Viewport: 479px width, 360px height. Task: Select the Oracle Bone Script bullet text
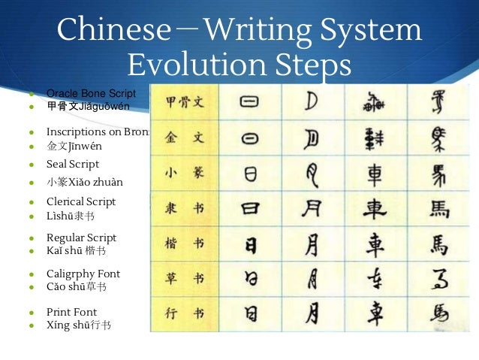pos(91,93)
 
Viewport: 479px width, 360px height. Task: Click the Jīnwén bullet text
pos(74,144)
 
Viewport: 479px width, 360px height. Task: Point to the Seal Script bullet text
pos(73,164)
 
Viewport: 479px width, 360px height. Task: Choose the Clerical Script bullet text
pos(81,201)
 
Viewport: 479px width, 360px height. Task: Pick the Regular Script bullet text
pos(81,237)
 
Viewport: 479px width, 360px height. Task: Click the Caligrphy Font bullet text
pos(83,274)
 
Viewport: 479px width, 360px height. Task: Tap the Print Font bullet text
pos(71,311)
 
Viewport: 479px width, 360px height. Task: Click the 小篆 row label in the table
pos(184,172)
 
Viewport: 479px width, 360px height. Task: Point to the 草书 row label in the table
pos(184,278)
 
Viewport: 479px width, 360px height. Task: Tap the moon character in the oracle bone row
pos(312,101)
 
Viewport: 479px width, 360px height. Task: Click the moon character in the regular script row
pos(312,244)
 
